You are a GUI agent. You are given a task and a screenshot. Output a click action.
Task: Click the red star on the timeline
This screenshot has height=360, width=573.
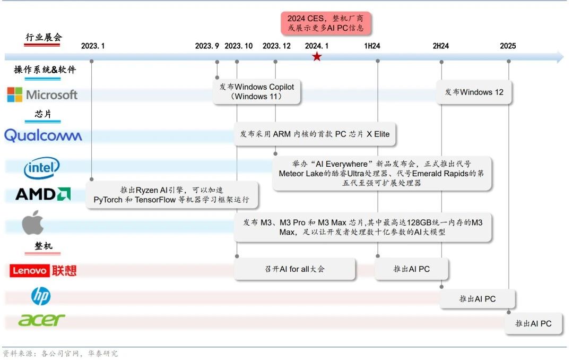point(317,57)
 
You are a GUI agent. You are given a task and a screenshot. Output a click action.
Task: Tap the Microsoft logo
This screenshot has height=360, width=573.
point(42,95)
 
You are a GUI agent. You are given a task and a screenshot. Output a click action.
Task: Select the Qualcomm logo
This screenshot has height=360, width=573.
point(43,135)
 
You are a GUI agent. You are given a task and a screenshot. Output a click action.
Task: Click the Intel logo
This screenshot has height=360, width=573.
point(42,168)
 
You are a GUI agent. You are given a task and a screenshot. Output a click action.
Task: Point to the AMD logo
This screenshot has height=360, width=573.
point(43,194)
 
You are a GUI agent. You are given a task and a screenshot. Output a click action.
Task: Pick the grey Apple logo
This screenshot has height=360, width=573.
point(33,222)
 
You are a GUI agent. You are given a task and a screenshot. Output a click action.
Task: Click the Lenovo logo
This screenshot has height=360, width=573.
point(43,271)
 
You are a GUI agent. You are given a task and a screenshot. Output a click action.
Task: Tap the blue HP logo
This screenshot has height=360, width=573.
point(41,296)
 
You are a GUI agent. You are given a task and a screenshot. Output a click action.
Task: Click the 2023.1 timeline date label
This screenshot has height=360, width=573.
point(93,46)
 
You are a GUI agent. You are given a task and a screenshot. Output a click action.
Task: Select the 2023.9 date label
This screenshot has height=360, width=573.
point(207,46)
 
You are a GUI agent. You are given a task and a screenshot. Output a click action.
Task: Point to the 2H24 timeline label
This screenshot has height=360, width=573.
point(440,46)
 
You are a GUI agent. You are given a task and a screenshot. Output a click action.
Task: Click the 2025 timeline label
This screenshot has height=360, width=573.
point(508,46)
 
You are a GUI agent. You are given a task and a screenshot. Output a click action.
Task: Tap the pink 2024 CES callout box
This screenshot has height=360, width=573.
point(326,23)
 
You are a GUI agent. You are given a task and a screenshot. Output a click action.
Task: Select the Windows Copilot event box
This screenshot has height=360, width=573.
point(257,92)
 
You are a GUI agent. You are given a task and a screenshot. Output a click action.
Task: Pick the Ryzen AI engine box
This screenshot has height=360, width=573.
point(175,195)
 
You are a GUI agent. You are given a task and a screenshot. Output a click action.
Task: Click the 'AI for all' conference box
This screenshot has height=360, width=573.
point(294,269)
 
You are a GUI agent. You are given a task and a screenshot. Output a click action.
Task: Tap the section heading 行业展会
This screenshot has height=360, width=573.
point(44,37)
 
